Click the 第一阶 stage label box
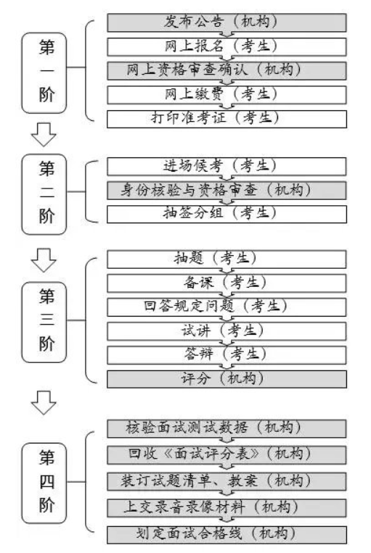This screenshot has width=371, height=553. tap(46, 72)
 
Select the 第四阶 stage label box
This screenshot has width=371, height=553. tap(46, 482)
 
